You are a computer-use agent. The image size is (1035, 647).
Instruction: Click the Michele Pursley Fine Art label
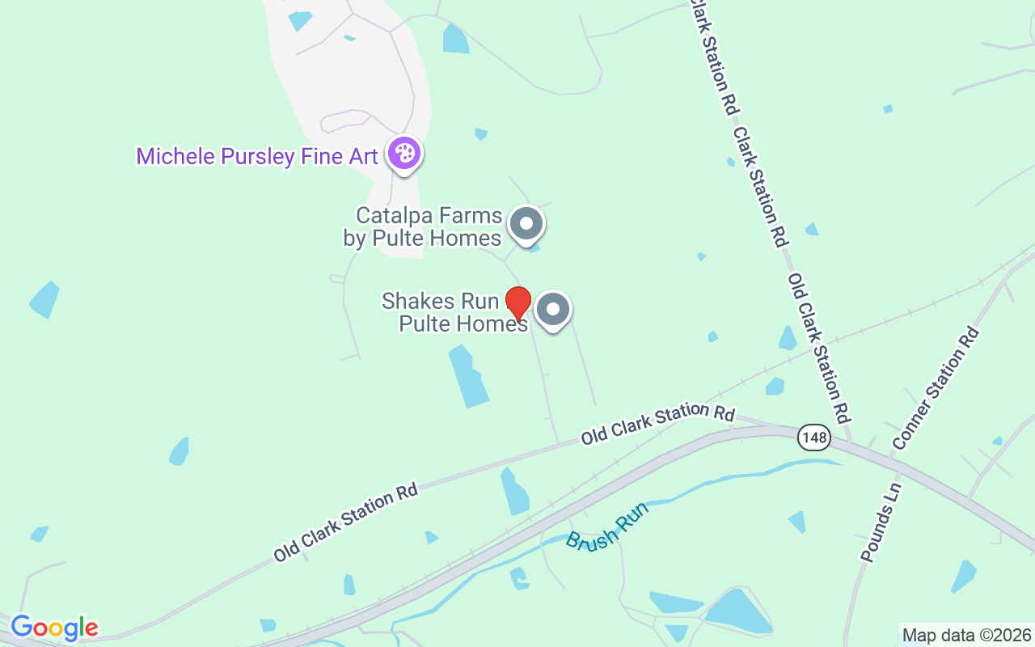coord(256,156)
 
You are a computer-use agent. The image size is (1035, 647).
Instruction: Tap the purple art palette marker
coord(403,153)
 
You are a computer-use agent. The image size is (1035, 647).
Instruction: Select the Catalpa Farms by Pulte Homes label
coord(429,227)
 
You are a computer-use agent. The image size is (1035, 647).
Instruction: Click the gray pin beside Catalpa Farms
coord(527,223)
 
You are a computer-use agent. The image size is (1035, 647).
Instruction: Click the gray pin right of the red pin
coord(554,309)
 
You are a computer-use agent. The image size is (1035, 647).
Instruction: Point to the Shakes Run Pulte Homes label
coord(454,312)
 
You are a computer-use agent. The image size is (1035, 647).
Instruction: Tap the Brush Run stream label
coord(606,526)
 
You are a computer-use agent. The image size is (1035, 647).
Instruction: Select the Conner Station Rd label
coord(936,388)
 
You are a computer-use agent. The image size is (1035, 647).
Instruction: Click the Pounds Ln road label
coord(881,522)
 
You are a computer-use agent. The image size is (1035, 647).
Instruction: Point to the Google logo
coord(54,628)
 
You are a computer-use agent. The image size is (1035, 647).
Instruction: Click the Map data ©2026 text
coord(966,636)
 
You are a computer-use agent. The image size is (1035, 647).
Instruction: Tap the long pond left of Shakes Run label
coord(469,376)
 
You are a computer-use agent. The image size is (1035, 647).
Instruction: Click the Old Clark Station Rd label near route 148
coord(657,424)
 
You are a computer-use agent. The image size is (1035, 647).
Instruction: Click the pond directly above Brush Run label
coord(514,492)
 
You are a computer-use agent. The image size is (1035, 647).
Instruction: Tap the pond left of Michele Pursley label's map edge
coord(45,299)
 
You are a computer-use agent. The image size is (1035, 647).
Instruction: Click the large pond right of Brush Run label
coord(736,611)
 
